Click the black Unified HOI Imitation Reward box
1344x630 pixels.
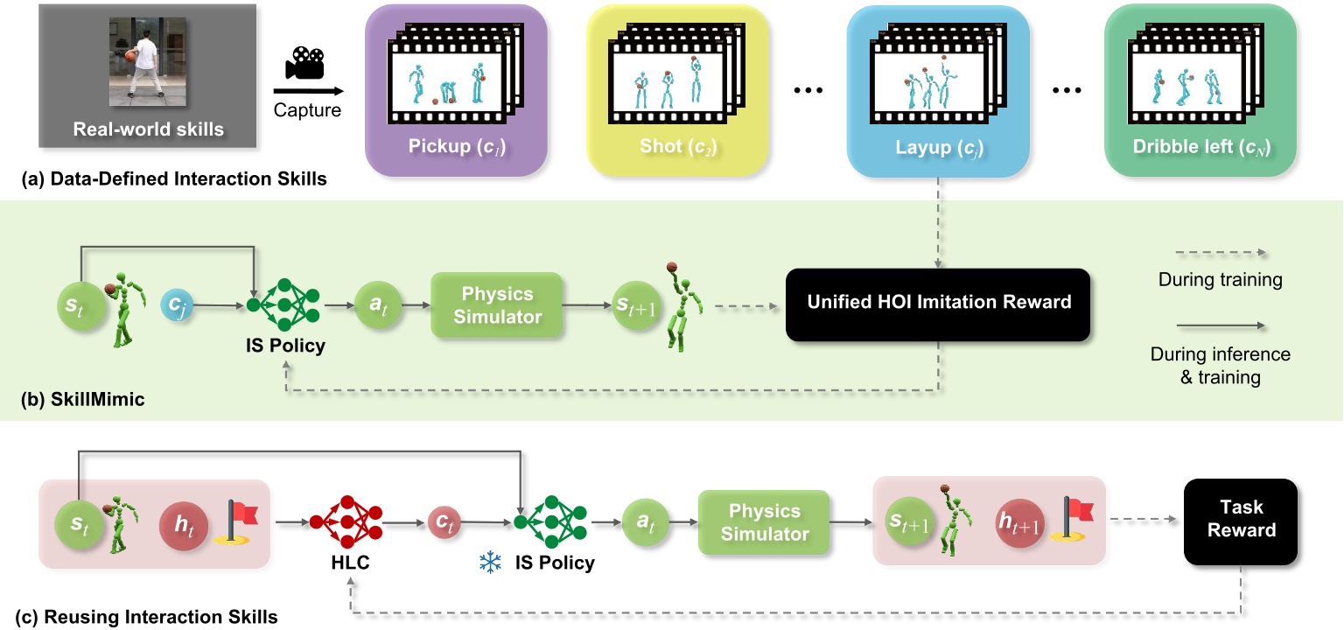click(x=937, y=303)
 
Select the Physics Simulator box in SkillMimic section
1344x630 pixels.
click(x=496, y=304)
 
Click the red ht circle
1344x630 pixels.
click(x=182, y=523)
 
